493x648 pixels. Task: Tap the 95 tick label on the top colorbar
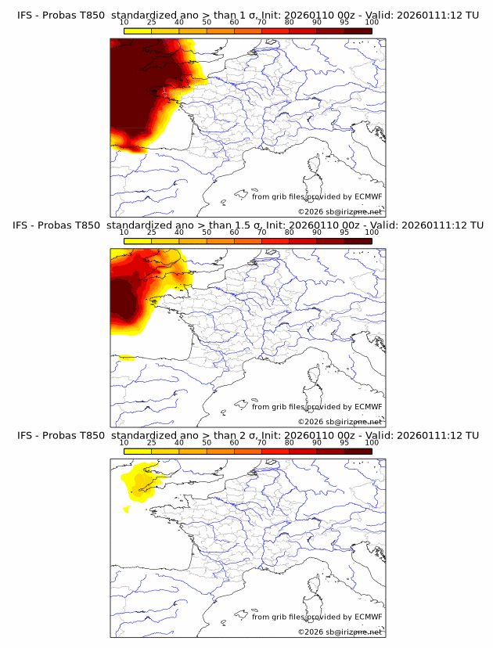point(344,23)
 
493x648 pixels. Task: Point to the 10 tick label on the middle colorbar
point(124,232)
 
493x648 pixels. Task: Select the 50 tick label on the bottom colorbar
point(207,442)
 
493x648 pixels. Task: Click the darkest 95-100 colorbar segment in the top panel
point(358,31)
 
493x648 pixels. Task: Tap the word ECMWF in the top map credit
point(369,197)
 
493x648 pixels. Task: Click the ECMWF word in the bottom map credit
point(369,617)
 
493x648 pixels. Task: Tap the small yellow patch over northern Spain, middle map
point(126,358)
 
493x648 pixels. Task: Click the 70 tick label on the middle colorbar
point(262,232)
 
